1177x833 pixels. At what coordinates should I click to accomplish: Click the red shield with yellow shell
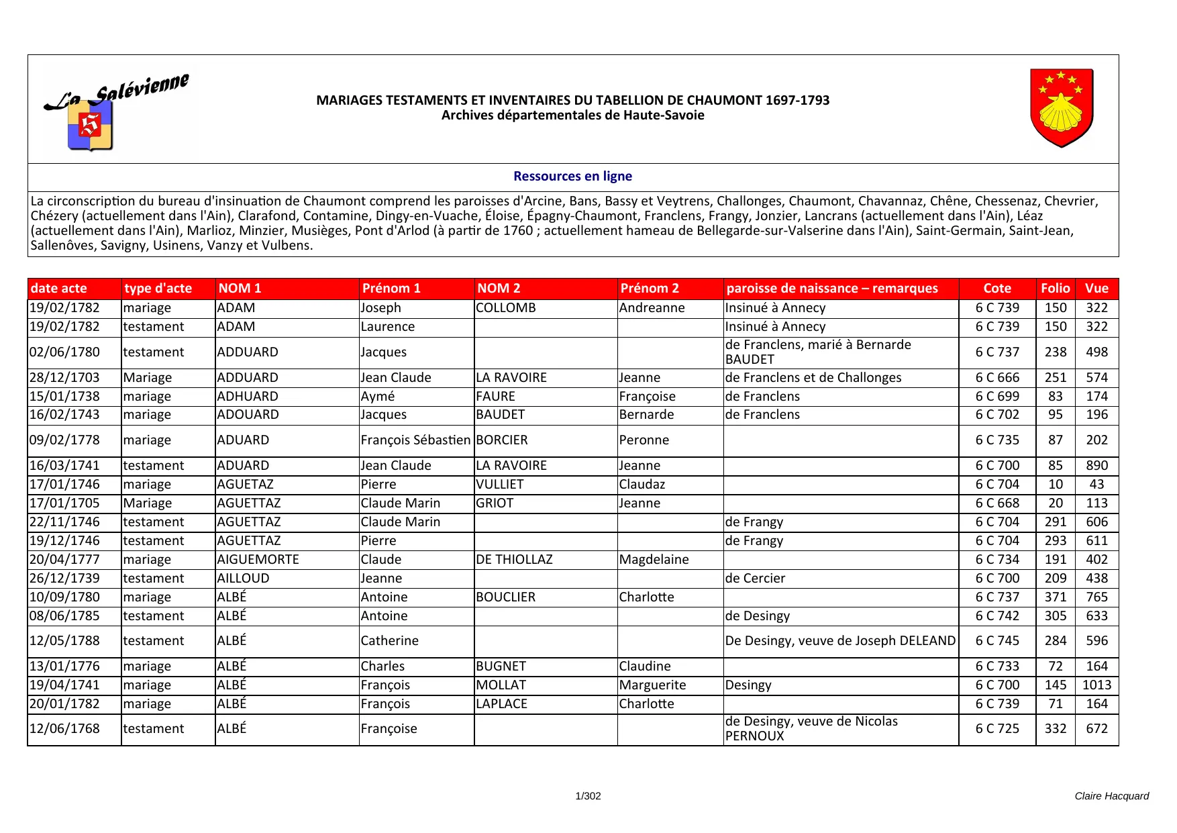click(x=1062, y=108)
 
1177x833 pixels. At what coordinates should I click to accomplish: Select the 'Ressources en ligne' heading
click(x=572, y=177)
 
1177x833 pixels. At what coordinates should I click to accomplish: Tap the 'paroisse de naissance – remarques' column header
click(x=832, y=289)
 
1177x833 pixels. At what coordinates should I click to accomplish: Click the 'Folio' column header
click(x=1055, y=289)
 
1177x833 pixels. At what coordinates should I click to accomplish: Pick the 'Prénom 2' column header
click(x=650, y=289)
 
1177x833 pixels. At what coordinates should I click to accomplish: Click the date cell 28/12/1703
click(x=64, y=378)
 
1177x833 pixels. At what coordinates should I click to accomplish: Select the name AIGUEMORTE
click(x=258, y=560)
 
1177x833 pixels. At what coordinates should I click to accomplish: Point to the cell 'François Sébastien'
click(x=415, y=440)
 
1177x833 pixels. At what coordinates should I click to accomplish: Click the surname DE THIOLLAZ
click(x=514, y=560)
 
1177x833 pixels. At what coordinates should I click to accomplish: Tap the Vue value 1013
click(x=1096, y=685)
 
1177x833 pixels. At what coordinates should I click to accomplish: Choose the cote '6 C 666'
click(x=997, y=378)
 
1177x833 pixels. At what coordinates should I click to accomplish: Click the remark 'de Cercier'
click(x=755, y=579)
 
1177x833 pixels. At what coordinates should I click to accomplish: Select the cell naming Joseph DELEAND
click(x=840, y=641)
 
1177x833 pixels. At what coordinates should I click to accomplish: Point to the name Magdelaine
click(x=654, y=560)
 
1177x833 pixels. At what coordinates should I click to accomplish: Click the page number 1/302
click(x=588, y=796)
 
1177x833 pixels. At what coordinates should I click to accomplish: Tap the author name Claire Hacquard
click(x=1111, y=796)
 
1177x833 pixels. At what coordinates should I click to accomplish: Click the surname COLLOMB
click(x=506, y=308)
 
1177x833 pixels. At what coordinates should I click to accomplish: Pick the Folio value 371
click(x=1055, y=597)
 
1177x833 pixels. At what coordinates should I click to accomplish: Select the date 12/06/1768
click(x=64, y=729)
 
